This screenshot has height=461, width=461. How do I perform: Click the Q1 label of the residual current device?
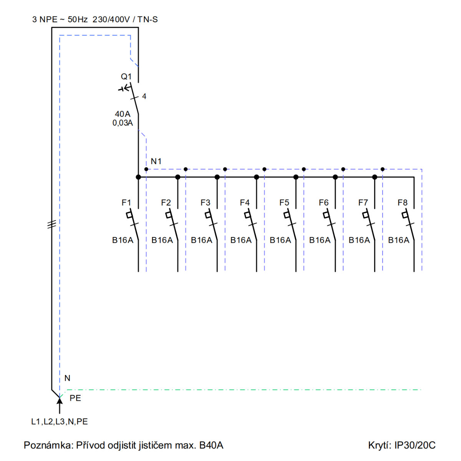[x=126, y=76]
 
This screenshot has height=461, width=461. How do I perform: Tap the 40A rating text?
[x=123, y=114]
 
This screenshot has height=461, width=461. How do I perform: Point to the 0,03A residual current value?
[x=123, y=123]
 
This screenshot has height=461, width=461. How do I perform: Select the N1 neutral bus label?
[x=156, y=161]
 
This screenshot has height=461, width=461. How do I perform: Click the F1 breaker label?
[x=126, y=202]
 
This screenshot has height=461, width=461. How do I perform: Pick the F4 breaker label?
[x=244, y=202]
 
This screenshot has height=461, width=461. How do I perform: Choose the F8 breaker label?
[x=402, y=202]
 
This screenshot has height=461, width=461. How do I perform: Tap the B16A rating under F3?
[x=201, y=240]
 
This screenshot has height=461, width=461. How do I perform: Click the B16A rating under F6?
[x=320, y=240]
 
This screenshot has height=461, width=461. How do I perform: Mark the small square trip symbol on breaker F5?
[x=287, y=215]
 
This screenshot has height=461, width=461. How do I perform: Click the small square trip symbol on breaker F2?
[x=169, y=215]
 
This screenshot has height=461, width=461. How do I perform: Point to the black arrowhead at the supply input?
[x=60, y=400]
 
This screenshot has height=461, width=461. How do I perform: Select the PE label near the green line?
[x=75, y=398]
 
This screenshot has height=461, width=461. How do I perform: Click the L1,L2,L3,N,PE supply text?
[x=59, y=421]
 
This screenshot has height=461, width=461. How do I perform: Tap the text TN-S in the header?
[x=148, y=19]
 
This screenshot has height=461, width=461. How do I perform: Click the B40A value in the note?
[x=211, y=445]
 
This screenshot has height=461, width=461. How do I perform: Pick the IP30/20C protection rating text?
[x=415, y=445]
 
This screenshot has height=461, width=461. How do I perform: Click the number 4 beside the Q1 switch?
[x=144, y=96]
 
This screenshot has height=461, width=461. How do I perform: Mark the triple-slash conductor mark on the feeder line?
[x=52, y=224]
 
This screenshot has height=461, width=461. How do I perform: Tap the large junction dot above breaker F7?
[x=375, y=177]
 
